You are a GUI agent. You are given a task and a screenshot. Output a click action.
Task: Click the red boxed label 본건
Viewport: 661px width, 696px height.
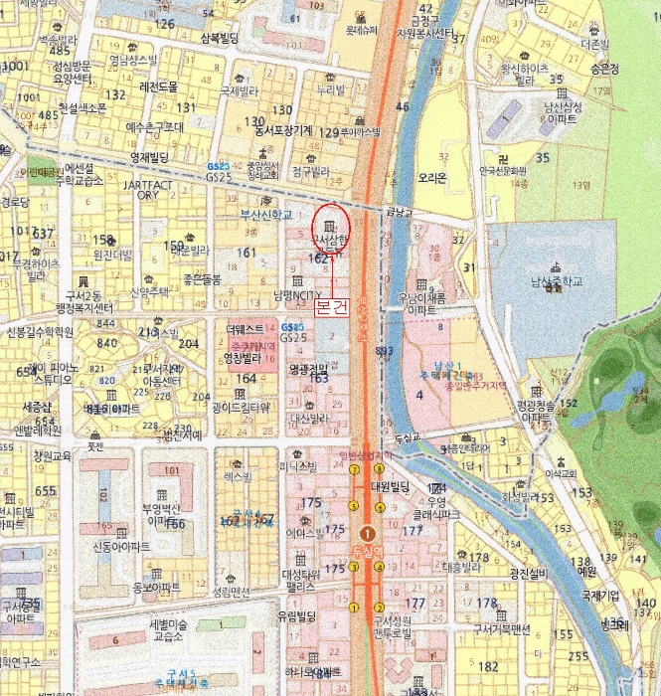pos(331,308)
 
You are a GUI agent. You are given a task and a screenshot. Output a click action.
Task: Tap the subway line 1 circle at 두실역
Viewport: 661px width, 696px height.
pos(368,533)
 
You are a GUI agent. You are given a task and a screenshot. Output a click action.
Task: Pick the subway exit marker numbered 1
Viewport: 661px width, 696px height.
pos(355,607)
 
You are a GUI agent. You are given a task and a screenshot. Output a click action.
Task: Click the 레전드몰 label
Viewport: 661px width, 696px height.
pos(159,87)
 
